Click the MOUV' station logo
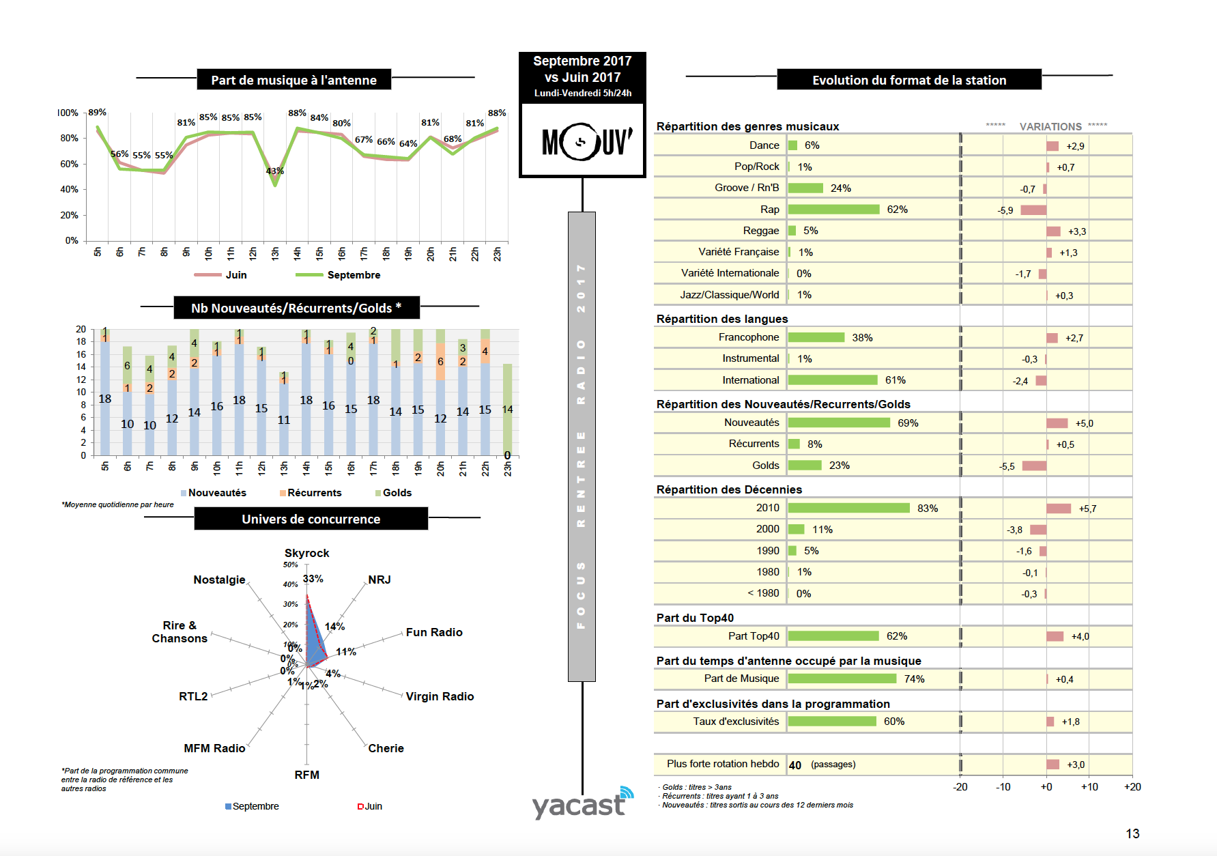[582, 141]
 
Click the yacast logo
[582, 804]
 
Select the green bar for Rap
[833, 210]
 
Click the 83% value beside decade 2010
[927, 509]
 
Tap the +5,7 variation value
[1087, 509]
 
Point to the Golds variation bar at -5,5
[1034, 466]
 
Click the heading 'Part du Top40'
[695, 618]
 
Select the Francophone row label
[748, 337]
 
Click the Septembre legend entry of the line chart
[353, 275]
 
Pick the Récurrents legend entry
[313, 493]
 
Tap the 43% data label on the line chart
[274, 171]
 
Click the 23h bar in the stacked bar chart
[507, 410]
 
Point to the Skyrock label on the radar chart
[306, 553]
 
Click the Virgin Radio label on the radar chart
[440, 696]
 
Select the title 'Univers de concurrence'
[311, 519]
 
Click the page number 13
[1132, 833]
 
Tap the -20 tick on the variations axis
[960, 787]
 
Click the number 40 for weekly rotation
[795, 765]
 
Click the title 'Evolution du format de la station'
[909, 81]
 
